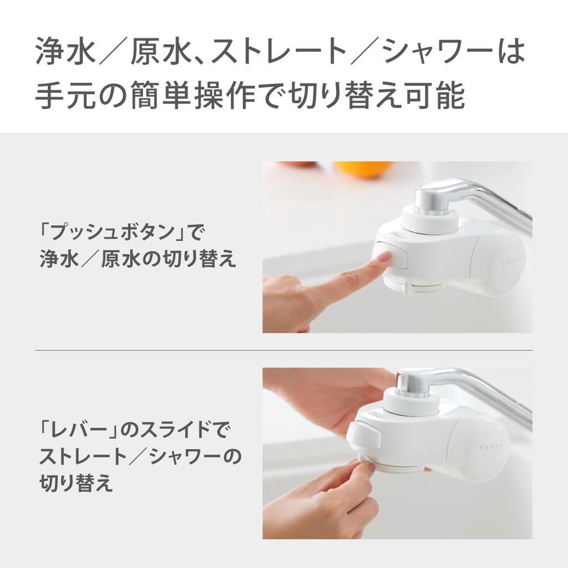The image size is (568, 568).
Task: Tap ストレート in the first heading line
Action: coord(277,52)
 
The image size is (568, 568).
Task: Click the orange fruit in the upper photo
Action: coord(363,169)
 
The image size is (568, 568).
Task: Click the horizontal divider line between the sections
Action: coord(283,351)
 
